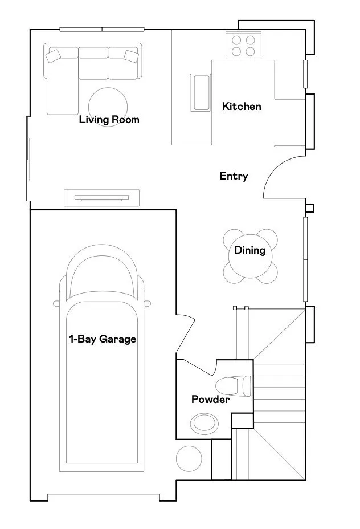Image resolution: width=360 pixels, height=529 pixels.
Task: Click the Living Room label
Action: (x=109, y=120)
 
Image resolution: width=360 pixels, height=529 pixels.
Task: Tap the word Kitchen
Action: (x=242, y=107)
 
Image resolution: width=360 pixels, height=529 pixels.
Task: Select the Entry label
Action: (x=234, y=176)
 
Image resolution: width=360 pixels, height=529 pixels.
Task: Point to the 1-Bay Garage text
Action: (x=103, y=339)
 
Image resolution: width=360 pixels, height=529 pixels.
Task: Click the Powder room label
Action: (x=210, y=400)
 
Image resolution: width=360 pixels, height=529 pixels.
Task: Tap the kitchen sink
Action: (x=201, y=92)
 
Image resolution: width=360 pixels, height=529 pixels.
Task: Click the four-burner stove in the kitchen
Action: (x=243, y=46)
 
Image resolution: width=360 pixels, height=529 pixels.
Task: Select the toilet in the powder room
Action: (x=233, y=386)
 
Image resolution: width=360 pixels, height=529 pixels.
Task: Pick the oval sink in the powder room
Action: (x=204, y=424)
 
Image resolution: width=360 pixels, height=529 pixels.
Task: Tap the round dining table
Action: (x=250, y=257)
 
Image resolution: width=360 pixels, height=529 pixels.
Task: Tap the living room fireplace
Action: (x=101, y=198)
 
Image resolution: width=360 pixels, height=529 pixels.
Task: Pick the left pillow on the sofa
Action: (x=53, y=56)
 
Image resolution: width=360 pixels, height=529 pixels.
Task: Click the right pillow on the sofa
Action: (x=131, y=56)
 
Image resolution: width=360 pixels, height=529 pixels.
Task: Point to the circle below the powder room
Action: (x=189, y=459)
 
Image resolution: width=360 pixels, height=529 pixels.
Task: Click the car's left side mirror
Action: (x=56, y=304)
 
